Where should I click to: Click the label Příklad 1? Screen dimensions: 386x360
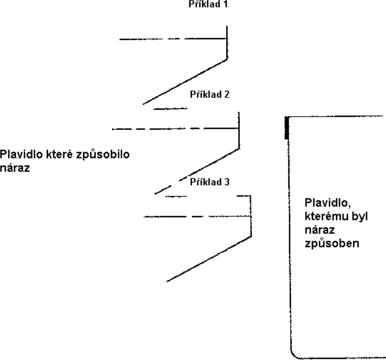[208, 4]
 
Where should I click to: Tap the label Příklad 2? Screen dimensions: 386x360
[210, 94]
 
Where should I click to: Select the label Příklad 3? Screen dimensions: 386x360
[210, 182]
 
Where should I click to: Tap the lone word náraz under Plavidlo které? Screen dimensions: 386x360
[15, 168]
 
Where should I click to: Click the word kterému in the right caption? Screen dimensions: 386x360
[326, 216]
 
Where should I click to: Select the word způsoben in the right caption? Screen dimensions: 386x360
[332, 244]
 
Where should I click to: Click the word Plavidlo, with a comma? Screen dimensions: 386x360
[328, 203]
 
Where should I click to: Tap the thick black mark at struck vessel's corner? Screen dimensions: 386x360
[287, 128]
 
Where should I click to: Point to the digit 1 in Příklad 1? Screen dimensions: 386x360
[225, 4]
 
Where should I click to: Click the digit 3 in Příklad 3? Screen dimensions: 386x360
[226, 182]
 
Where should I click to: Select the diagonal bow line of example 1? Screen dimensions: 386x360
[185, 81]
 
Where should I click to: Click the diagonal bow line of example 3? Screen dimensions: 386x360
[209, 259]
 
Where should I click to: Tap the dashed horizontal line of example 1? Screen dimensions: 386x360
[173, 39]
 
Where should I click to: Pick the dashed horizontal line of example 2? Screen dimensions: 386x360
[175, 129]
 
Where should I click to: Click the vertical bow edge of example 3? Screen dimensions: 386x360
[251, 216]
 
